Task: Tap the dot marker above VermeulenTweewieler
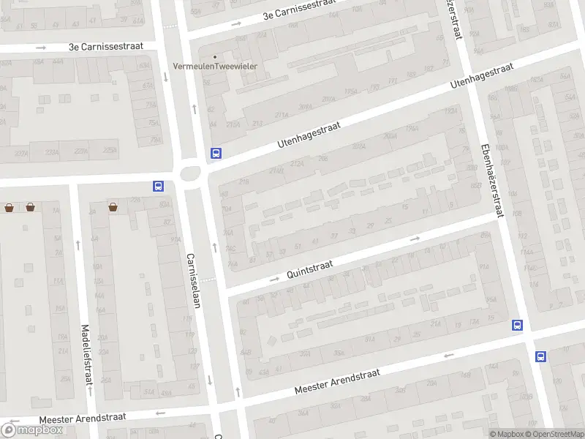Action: point(214,56)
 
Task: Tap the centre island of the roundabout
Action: point(191,174)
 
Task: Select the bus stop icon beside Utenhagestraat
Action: point(216,154)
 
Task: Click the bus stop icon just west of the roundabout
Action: point(158,186)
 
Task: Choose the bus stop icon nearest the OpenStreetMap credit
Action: point(540,356)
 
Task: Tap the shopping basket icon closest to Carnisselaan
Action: point(113,207)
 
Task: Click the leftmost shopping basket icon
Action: point(9,207)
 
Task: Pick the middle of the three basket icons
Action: point(30,207)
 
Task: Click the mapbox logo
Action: point(32,429)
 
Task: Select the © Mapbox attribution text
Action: point(506,434)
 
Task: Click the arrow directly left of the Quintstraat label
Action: point(274,279)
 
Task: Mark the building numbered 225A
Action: point(109,151)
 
